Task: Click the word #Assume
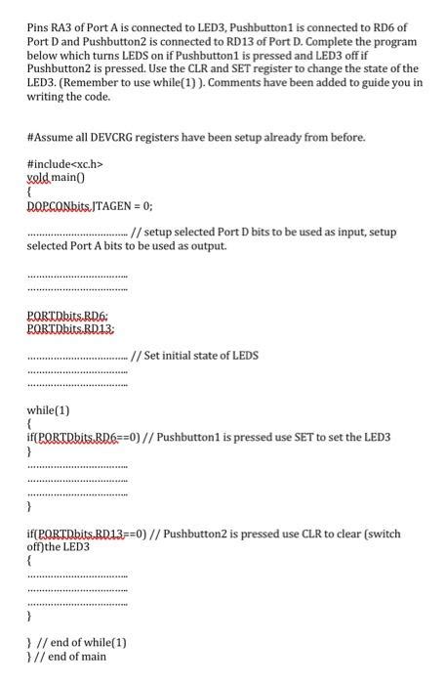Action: pyautogui.click(x=48, y=138)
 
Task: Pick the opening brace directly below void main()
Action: pyautogui.click(x=30, y=193)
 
